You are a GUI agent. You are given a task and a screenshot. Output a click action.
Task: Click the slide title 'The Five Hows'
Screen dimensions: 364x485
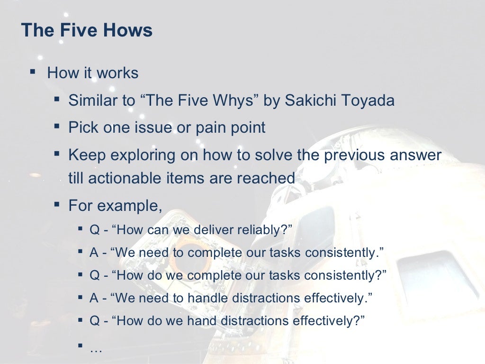(x=87, y=31)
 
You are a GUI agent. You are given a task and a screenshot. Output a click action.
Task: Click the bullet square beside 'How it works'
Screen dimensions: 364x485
(x=32, y=72)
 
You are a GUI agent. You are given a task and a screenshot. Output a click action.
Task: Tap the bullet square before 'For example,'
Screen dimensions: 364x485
(x=57, y=205)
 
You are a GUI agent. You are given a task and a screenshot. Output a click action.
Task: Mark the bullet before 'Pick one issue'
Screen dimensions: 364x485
(x=57, y=127)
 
